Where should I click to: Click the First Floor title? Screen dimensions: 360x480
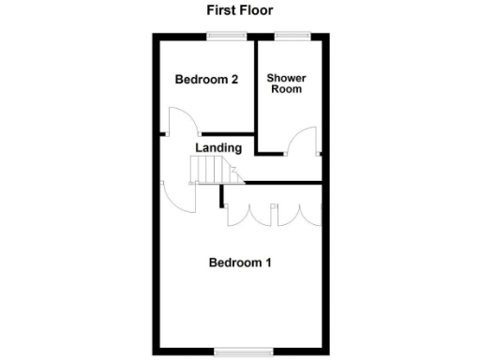point(239,11)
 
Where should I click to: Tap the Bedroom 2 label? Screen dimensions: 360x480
point(205,80)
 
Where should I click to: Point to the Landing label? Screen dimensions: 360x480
point(218,147)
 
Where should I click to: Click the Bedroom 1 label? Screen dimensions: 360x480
point(239,262)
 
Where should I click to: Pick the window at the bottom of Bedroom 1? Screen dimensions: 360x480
point(239,351)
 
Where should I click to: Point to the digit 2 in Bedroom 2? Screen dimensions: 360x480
point(232,80)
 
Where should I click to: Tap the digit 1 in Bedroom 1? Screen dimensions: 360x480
point(268,262)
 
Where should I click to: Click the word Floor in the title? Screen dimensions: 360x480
point(255,11)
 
